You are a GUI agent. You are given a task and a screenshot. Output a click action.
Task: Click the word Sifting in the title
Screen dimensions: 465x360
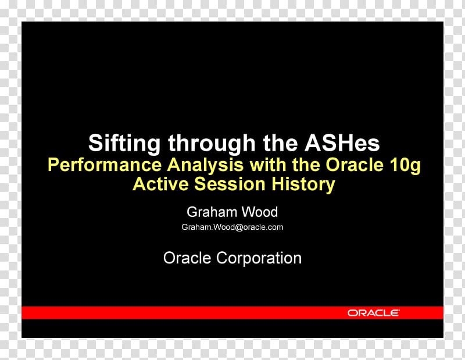pos(124,144)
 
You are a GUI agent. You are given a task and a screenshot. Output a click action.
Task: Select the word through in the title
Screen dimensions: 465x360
pos(212,144)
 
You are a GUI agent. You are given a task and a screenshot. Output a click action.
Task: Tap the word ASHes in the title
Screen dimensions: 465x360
pos(342,142)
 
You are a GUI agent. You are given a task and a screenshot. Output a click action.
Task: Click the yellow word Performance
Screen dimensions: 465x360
pos(105,165)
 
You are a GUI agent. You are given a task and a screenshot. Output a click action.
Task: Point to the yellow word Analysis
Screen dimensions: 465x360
pos(205,165)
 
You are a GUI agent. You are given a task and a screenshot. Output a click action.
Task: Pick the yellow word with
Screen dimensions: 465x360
pos(268,165)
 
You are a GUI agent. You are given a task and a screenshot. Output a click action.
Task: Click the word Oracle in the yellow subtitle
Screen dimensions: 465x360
pos(355,165)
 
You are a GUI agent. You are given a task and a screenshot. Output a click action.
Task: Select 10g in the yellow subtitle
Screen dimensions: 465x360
pos(405,166)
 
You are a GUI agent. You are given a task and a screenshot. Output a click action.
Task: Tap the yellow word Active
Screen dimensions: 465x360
pos(161,184)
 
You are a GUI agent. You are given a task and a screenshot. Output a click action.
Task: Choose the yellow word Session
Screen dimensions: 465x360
pos(230,184)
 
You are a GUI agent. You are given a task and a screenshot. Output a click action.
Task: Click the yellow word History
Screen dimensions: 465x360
pos(303,184)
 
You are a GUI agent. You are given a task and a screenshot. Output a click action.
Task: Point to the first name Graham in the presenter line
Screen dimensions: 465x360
pos(212,212)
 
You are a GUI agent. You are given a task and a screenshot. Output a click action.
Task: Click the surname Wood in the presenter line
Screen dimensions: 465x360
pos(260,212)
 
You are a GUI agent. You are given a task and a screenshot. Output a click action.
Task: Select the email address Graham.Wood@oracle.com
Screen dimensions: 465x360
pos(232,227)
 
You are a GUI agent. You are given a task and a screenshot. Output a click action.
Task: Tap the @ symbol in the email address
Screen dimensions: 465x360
pos(239,227)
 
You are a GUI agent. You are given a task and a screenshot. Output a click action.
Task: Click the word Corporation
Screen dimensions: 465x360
pos(259,258)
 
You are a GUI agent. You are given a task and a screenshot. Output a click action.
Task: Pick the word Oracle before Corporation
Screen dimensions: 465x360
pos(187,258)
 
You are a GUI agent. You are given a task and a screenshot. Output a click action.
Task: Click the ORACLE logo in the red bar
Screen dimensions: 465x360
pos(374,313)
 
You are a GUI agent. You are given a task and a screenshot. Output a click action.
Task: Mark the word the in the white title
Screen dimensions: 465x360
pos(280,142)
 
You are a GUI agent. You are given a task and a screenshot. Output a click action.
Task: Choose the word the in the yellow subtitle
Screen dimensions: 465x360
pos(306,165)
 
